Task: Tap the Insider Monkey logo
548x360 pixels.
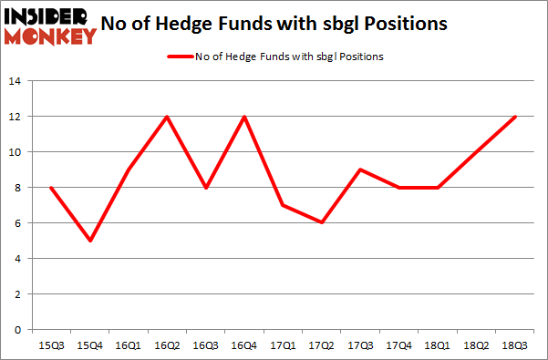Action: (x=50, y=25)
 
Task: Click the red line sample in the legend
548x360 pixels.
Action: (x=178, y=57)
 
